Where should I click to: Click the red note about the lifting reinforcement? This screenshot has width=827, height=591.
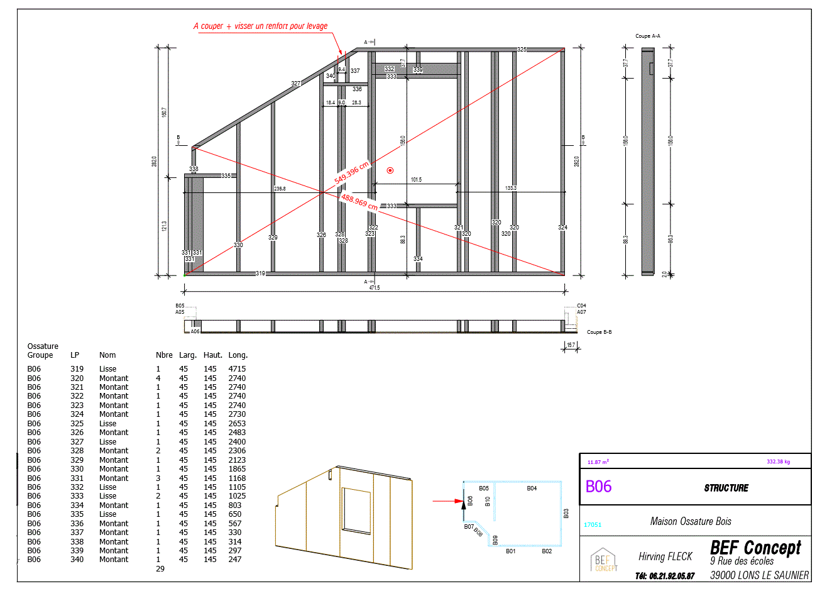(x=260, y=26)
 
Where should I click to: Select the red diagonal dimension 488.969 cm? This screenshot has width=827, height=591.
(x=359, y=202)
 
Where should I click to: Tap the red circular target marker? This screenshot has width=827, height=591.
(x=390, y=170)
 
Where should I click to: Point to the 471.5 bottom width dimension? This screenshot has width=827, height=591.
(x=375, y=287)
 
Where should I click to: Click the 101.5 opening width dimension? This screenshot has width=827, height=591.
(x=416, y=180)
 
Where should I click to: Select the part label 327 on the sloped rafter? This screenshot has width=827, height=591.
(x=295, y=83)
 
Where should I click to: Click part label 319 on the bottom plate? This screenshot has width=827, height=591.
(x=260, y=273)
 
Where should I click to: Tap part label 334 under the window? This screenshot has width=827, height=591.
(x=418, y=258)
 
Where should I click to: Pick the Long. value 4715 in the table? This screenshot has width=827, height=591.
(x=237, y=369)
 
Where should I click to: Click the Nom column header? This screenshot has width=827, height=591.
(x=107, y=355)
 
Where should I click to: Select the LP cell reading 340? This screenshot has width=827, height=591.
(x=77, y=560)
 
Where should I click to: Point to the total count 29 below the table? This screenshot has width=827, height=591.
(x=160, y=569)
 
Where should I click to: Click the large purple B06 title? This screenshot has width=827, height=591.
(x=598, y=487)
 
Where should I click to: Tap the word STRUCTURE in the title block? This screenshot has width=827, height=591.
(x=726, y=488)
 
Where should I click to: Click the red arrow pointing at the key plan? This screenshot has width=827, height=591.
(x=447, y=501)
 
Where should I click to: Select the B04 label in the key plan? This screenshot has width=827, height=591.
(x=532, y=488)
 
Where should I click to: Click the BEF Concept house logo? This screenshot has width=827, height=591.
(x=604, y=560)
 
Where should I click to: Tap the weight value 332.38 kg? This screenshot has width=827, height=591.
(x=778, y=461)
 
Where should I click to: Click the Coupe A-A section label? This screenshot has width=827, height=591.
(x=647, y=36)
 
